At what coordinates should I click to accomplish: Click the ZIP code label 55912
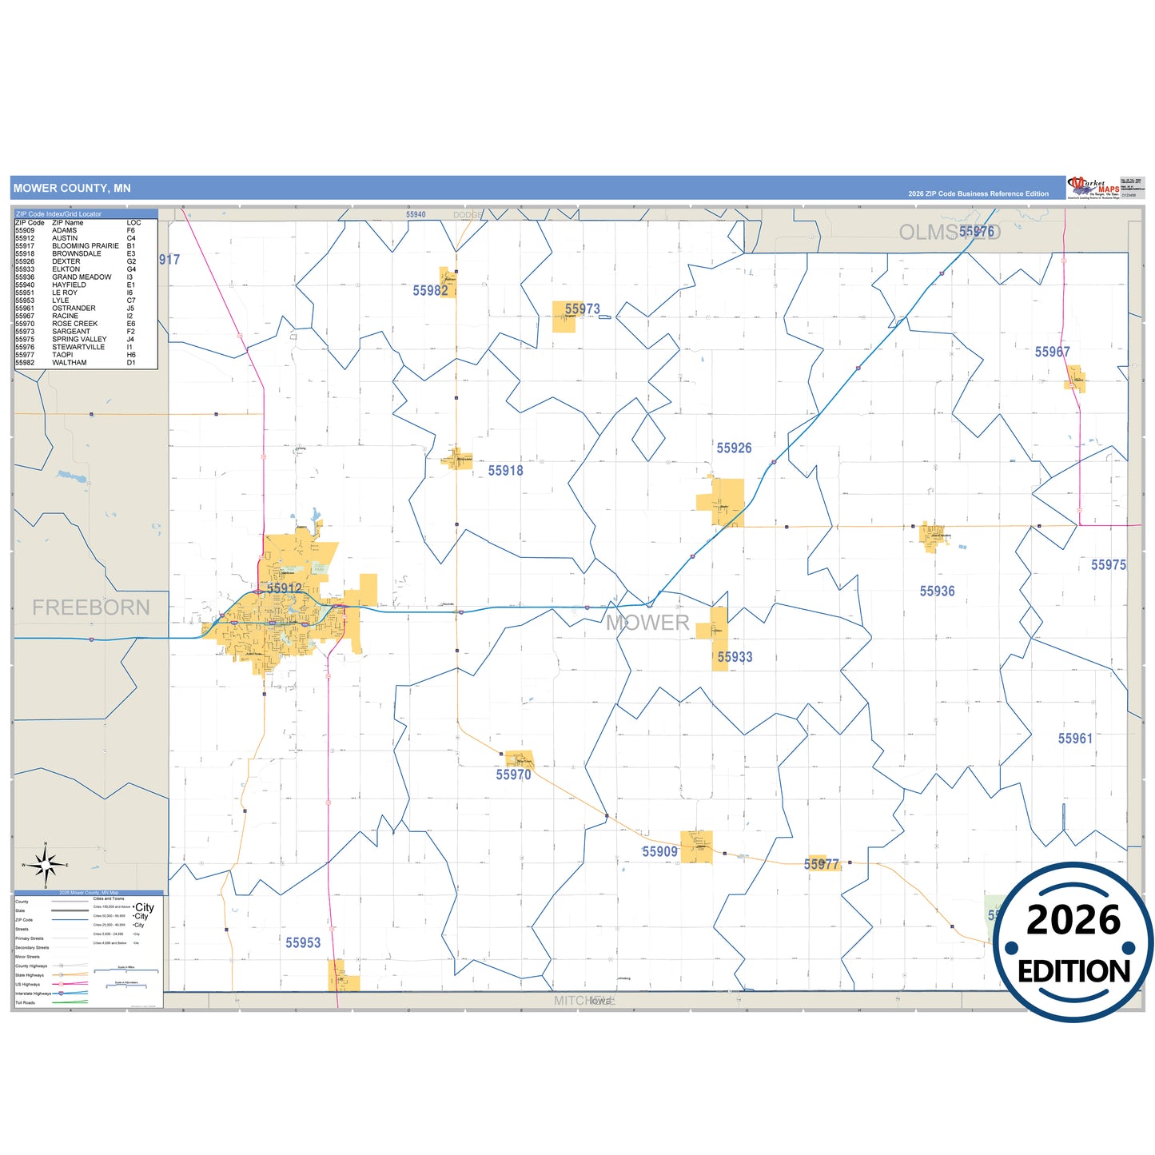(x=285, y=588)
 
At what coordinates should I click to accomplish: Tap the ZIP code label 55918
(x=506, y=471)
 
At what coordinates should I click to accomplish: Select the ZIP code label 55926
(x=734, y=448)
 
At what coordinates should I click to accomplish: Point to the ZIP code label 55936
(x=937, y=591)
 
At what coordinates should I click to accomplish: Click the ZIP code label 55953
(x=303, y=943)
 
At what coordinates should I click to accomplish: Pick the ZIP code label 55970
(x=513, y=775)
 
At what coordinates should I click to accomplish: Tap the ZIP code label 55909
(x=659, y=852)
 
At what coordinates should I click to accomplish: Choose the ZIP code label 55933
(x=735, y=657)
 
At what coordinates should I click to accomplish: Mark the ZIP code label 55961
(x=1075, y=739)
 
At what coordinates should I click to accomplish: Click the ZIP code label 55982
(x=430, y=291)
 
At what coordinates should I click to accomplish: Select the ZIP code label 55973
(x=582, y=309)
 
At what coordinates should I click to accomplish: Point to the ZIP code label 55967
(x=1052, y=352)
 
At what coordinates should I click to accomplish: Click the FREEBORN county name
(x=91, y=607)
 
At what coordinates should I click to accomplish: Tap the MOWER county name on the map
(x=647, y=623)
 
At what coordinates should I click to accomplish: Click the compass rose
(x=46, y=865)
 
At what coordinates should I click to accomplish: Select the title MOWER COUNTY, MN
(x=72, y=189)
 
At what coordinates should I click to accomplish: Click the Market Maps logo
(x=1093, y=188)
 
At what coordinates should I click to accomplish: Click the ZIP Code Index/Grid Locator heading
(x=58, y=214)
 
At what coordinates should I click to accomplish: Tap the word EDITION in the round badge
(x=1073, y=971)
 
